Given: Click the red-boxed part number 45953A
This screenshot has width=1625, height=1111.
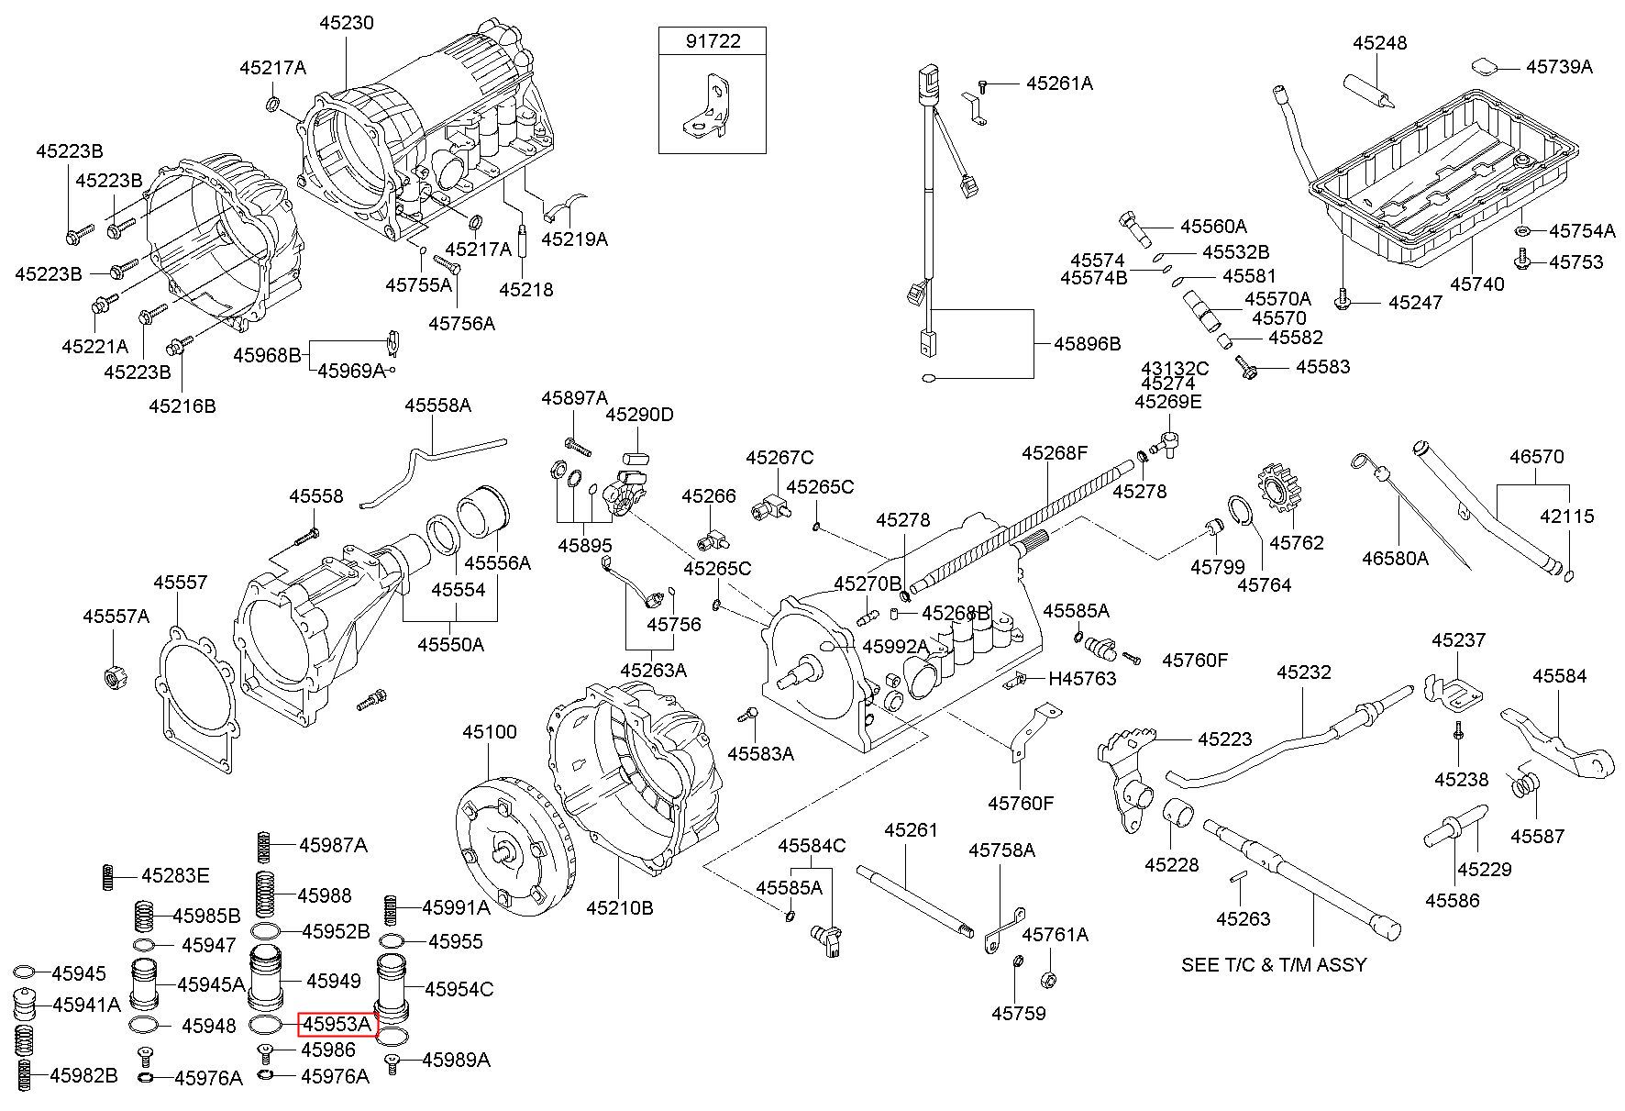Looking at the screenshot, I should pos(337,1023).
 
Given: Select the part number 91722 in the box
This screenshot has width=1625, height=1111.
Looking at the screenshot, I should pos(713,41).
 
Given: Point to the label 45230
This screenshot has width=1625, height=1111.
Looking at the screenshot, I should pos(347,22).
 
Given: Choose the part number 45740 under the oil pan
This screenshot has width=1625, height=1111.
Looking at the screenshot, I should pos(1477,283).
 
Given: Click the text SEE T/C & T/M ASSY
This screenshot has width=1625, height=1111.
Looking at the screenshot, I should pos(1274,964).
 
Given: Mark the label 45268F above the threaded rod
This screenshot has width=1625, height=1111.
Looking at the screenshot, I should pos(1055,452).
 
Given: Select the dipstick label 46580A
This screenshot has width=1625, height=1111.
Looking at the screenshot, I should pos(1395,557).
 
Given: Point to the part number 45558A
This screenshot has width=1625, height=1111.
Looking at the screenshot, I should pos(438,405).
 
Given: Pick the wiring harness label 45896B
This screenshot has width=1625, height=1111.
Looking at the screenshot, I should pos(1087,344).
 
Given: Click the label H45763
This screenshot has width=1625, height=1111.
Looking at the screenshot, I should pos(1082,678).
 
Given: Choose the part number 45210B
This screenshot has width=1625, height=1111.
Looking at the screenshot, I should pos(620,907).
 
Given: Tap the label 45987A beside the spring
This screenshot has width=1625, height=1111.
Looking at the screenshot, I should pos(333,845).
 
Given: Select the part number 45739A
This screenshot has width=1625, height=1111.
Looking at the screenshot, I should pos(1559,66).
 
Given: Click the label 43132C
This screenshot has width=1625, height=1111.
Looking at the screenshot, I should pos(1175,368).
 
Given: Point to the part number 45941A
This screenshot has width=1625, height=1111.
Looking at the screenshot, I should pos(86,1005).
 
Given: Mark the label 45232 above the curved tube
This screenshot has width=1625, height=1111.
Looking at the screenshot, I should pos(1303,672).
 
